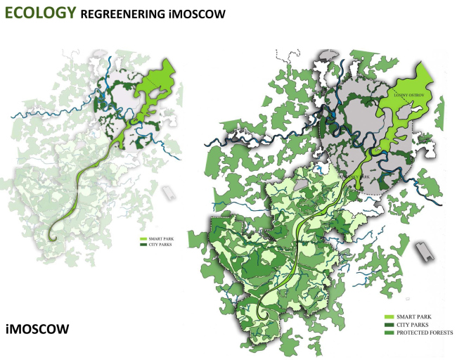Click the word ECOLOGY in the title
40,12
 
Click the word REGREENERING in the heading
124,14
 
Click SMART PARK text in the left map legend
158,240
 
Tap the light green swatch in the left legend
143,240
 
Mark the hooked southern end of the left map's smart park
53,234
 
